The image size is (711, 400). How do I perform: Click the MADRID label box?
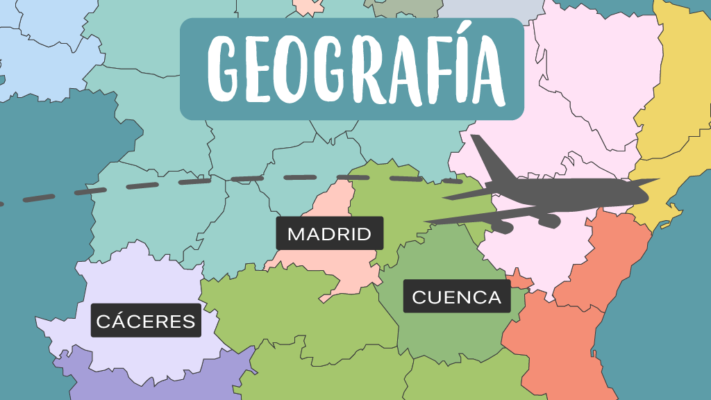[329, 233]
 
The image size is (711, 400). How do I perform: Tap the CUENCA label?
[456, 297]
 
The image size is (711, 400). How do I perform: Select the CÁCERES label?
[146, 321]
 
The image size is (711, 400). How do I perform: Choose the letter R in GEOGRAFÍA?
[366, 69]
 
